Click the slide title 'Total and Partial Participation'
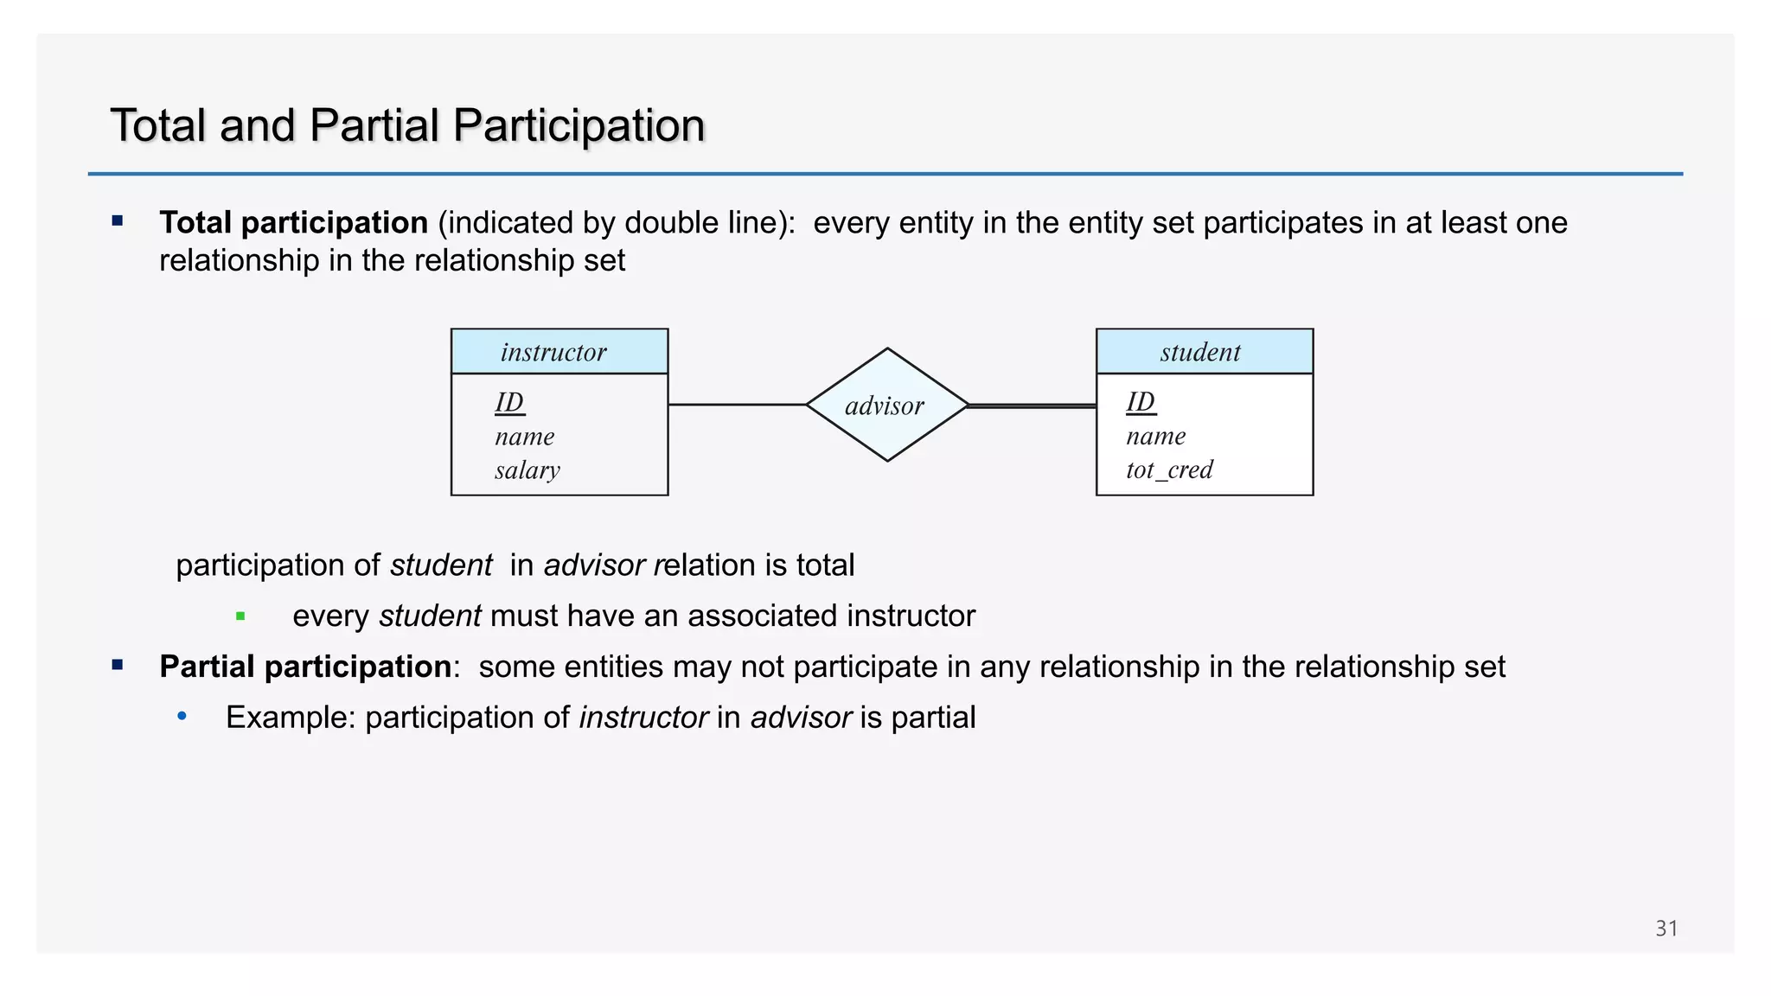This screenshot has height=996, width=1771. [407, 125]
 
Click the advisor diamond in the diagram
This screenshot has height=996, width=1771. [886, 405]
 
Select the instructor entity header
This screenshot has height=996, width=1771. [559, 352]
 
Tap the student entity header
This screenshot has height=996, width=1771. [1204, 352]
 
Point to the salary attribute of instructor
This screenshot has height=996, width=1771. [527, 470]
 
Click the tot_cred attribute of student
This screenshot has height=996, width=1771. [1169, 469]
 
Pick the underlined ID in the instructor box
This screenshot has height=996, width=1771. [509, 402]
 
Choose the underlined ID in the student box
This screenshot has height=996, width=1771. [1141, 401]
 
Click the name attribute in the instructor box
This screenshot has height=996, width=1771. [524, 437]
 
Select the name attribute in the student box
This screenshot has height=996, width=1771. [1155, 436]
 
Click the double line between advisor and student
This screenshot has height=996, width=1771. [1032, 405]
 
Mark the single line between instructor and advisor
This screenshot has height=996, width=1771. [737, 405]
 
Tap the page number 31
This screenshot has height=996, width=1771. [1666, 929]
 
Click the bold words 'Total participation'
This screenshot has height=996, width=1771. [293, 223]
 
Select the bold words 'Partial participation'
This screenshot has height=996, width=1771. [305, 667]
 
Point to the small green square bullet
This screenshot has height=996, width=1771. [240, 616]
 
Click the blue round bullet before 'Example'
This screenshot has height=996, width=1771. [182, 717]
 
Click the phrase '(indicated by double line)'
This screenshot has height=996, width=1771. [616, 223]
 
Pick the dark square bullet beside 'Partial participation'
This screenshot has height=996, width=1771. [118, 666]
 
